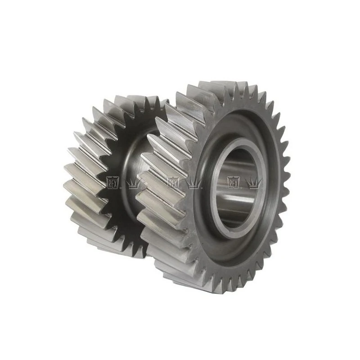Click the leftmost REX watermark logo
[113, 183]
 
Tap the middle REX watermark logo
[173, 183]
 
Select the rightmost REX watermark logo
[234, 183]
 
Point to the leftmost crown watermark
[133, 184]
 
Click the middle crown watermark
[194, 184]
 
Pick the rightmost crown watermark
[254, 184]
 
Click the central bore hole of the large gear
[237, 188]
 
